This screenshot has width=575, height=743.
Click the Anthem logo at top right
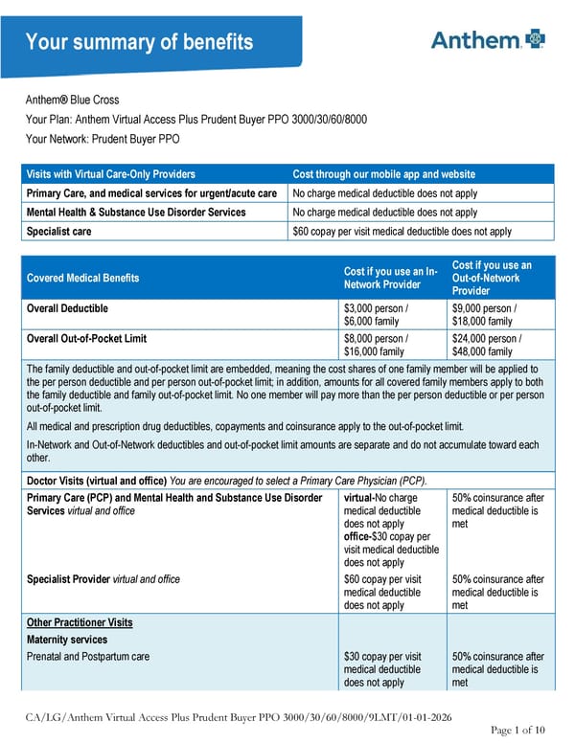click(488, 39)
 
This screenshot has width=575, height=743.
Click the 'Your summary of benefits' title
click(139, 42)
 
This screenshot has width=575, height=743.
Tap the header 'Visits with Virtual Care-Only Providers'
click(111, 174)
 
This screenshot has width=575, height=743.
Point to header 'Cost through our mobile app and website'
click(383, 174)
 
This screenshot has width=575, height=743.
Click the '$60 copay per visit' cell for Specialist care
click(402, 232)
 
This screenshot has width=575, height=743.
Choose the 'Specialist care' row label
click(59, 232)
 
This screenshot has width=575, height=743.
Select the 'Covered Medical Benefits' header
click(82, 278)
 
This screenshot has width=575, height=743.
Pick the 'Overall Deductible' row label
click(67, 309)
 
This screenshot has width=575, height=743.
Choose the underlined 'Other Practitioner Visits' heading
click(80, 623)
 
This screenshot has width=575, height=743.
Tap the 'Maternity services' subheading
click(67, 640)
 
